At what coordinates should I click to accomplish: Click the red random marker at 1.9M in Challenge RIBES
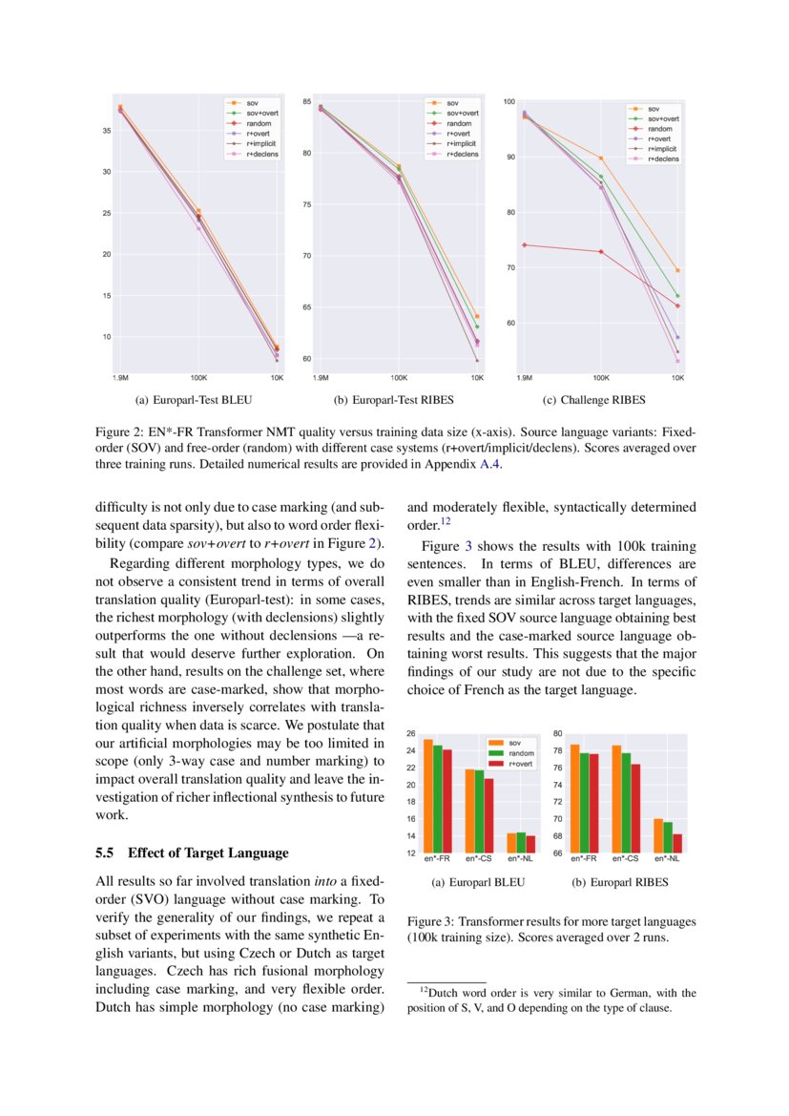pos(525,244)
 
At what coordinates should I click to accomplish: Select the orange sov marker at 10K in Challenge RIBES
pos(677,270)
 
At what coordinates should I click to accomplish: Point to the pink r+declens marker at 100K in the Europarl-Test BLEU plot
pos(198,228)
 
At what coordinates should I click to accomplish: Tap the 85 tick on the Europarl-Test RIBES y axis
pos(308,101)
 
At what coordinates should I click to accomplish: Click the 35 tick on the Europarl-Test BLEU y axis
pos(106,129)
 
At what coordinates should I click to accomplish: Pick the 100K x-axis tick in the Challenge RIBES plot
pos(600,378)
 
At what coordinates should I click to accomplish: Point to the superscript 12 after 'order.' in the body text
pos(445,522)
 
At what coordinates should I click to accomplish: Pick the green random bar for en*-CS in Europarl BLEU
pos(479,811)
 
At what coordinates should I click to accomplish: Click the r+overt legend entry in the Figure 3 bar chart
pos(520,765)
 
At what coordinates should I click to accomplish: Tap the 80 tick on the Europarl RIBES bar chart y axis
pos(557,734)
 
